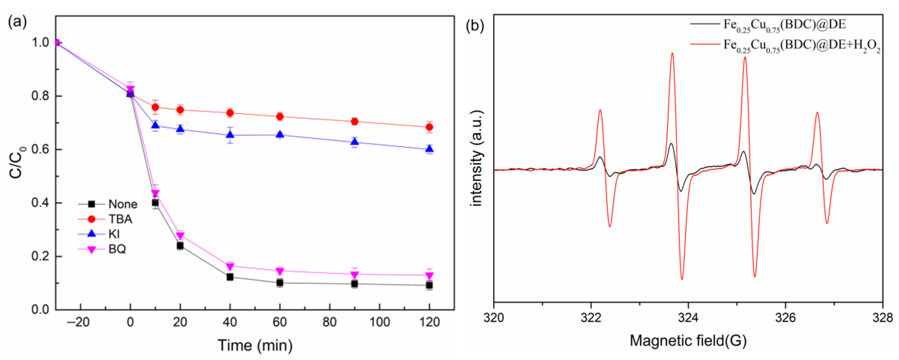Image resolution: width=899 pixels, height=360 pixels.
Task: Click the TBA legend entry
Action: click(x=120, y=219)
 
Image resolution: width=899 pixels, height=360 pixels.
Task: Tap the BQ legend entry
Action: click(x=117, y=249)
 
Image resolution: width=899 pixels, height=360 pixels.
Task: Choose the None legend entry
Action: click(x=123, y=204)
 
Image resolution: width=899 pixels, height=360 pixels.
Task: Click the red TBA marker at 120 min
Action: click(x=429, y=127)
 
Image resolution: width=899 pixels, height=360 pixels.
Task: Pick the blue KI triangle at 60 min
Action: click(x=280, y=134)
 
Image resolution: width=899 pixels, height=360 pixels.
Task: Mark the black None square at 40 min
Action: click(x=230, y=277)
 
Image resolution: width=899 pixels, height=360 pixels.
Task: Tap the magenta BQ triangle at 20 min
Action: click(x=180, y=236)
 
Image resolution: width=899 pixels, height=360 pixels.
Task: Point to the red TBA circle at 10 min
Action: click(x=155, y=107)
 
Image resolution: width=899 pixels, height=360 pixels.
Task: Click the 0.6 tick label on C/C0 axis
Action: click(x=40, y=149)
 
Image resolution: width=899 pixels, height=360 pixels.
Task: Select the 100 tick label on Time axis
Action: click(x=379, y=322)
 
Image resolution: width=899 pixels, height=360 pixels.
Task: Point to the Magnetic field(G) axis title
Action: click(x=688, y=340)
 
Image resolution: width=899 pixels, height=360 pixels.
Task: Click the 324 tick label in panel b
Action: click(x=688, y=318)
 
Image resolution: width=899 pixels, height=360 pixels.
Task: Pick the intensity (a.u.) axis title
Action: click(x=477, y=159)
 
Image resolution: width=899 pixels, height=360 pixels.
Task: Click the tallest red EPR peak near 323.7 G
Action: click(x=672, y=54)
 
